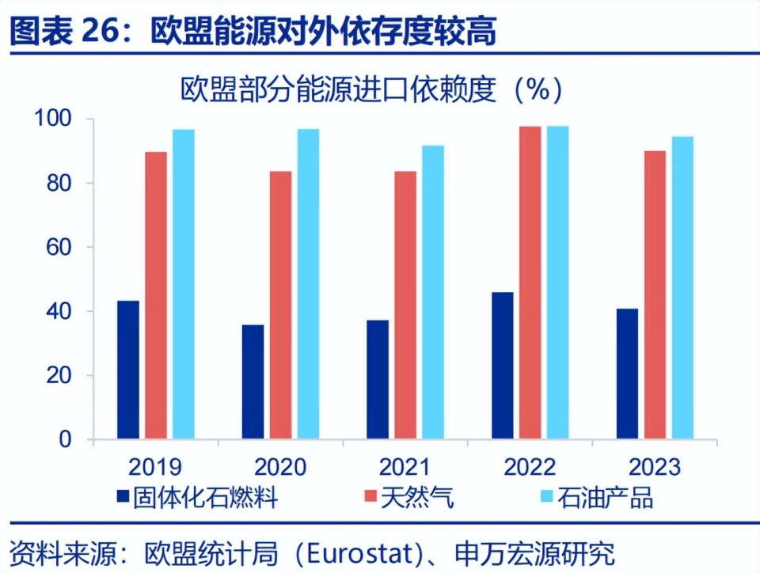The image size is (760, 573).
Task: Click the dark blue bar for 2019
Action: coord(127,370)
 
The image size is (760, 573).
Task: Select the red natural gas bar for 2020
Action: coord(280,305)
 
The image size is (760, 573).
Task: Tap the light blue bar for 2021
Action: coord(432,292)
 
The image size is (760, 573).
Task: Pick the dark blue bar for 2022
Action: coord(502,365)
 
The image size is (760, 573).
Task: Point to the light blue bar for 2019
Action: coord(184,284)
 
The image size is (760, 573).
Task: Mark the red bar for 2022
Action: coord(530,283)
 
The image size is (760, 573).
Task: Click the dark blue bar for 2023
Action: coord(627,374)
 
